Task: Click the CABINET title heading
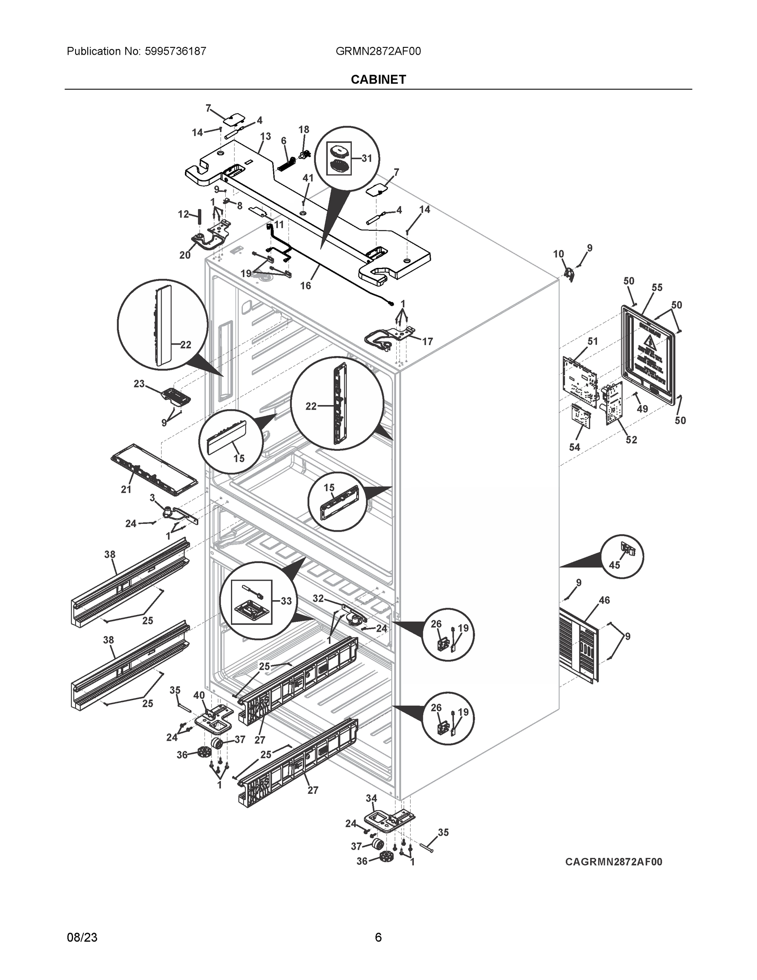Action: point(378,80)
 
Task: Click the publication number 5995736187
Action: point(175,51)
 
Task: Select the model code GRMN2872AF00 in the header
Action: point(378,51)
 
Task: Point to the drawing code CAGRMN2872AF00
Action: point(613,862)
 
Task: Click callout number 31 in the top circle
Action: point(367,158)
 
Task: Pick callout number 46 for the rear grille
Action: point(604,600)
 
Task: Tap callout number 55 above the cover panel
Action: point(657,287)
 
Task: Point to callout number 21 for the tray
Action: point(126,489)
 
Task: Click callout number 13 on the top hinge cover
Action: point(266,136)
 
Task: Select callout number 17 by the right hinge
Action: point(427,341)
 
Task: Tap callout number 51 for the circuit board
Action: point(593,341)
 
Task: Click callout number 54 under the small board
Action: point(575,447)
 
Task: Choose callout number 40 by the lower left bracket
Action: point(199,695)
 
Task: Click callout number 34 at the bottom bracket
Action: point(371,798)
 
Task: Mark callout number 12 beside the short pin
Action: point(183,214)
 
